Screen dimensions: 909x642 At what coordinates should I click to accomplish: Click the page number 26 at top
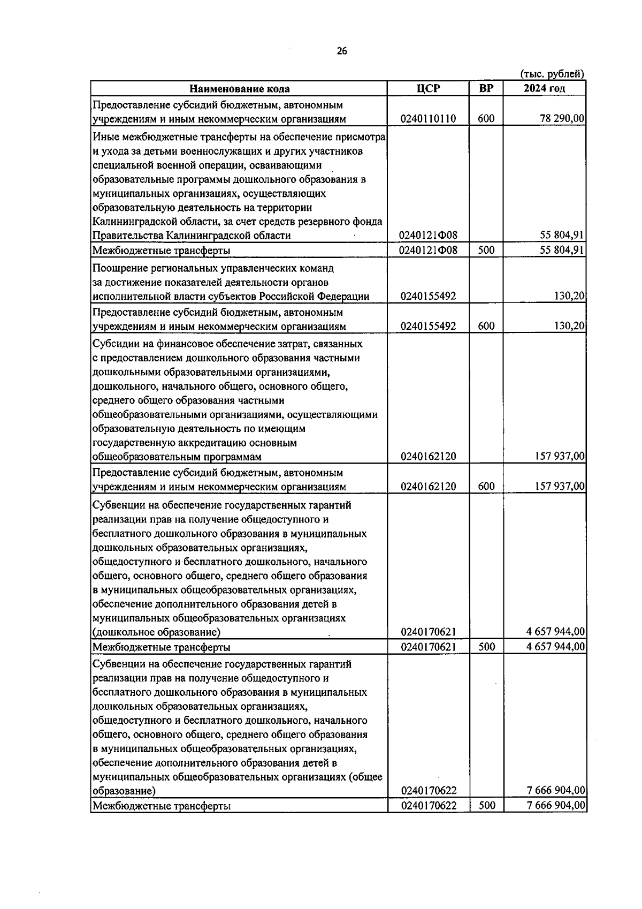coord(342,51)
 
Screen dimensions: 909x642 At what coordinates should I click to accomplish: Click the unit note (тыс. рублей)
coord(552,74)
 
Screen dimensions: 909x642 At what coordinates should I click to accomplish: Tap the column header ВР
coord(486,88)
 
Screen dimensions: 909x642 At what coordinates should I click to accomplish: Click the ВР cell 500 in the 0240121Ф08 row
coord(486,250)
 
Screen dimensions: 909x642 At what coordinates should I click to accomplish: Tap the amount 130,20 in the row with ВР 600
coord(570,326)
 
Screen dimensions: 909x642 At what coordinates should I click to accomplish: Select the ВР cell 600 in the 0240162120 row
coord(486,487)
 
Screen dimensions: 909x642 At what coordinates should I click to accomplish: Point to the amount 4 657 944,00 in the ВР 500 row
coord(555,647)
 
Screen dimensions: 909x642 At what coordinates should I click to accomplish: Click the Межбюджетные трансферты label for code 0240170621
coord(162,647)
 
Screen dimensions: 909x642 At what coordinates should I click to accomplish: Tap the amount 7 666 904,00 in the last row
coord(555,806)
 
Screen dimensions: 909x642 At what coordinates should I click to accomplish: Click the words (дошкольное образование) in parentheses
coord(156,632)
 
